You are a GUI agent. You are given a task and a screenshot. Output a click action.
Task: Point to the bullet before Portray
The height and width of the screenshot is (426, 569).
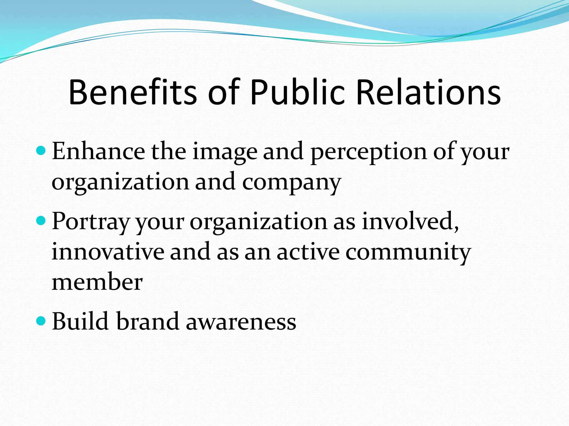[x=41, y=221]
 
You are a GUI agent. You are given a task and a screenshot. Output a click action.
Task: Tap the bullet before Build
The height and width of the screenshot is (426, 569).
[x=41, y=321]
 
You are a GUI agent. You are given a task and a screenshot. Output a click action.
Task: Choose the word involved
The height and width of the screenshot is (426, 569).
[x=410, y=222]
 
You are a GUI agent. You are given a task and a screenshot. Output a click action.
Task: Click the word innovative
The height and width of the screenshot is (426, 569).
[x=108, y=252]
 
